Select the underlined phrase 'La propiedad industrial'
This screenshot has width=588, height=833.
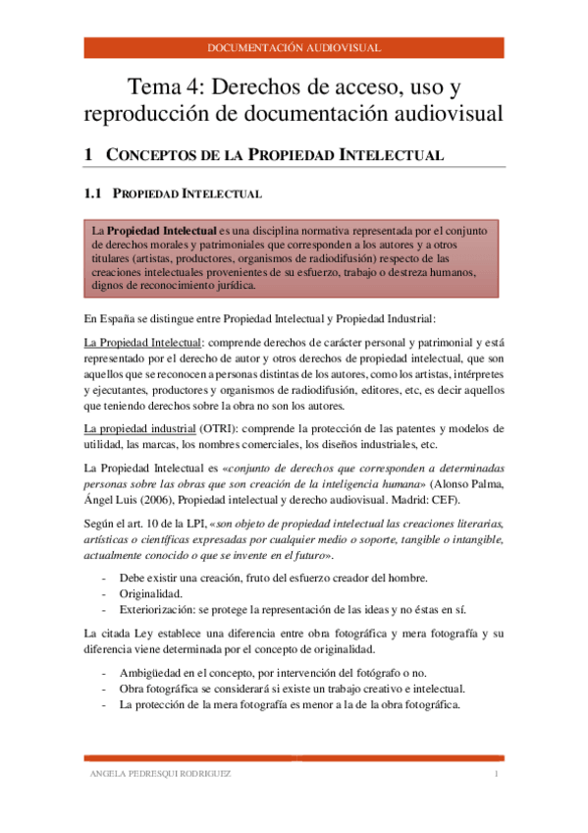(x=139, y=428)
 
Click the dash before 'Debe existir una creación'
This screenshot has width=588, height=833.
(x=104, y=577)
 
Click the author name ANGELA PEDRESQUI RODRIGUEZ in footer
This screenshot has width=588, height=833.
(x=160, y=774)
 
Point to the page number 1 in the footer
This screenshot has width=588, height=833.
(x=497, y=774)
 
